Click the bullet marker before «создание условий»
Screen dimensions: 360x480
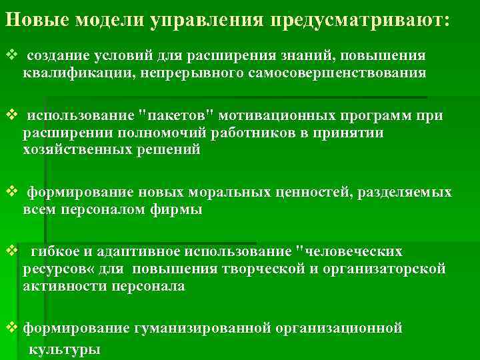[x=10, y=54]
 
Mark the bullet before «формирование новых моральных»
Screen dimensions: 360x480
[x=10, y=193]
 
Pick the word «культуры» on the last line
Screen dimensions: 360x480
[x=64, y=349]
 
